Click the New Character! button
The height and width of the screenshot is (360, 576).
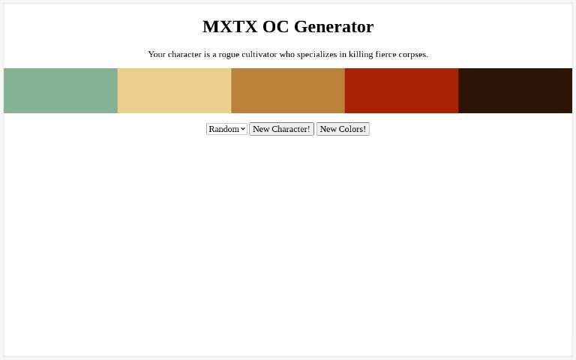point(281,129)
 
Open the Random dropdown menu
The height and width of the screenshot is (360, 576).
point(226,129)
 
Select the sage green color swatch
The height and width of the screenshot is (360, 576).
point(61,91)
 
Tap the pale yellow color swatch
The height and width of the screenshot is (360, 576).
point(174,91)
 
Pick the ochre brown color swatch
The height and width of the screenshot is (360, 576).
point(288,91)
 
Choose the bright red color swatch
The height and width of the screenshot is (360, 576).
point(401,91)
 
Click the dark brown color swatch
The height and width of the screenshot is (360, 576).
point(515,91)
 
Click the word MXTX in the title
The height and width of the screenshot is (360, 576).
point(229,26)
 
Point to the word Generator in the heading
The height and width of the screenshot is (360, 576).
point(334,26)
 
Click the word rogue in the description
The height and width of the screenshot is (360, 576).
point(230,54)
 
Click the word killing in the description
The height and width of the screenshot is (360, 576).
point(361,54)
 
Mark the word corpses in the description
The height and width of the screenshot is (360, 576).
point(413,54)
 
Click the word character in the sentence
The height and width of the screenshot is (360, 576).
point(183,54)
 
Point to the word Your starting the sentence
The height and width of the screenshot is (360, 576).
point(157,54)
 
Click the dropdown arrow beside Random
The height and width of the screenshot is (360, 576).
point(243,129)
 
